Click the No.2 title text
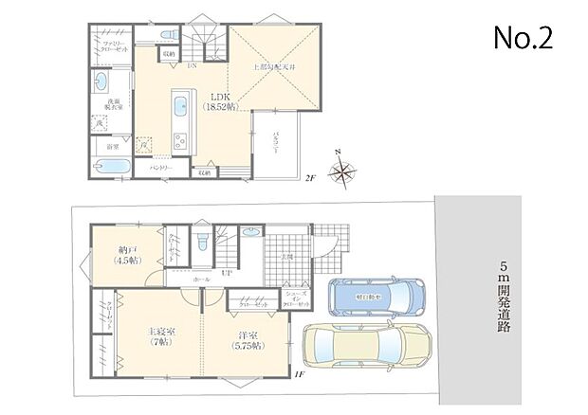(x=522, y=38)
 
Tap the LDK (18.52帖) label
(x=217, y=101)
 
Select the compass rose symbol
(x=342, y=172)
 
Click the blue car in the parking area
(x=372, y=298)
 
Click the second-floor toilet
(x=170, y=35)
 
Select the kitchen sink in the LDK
(x=179, y=105)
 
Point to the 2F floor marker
(x=309, y=177)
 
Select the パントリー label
(x=159, y=168)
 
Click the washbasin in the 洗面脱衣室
(x=101, y=84)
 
